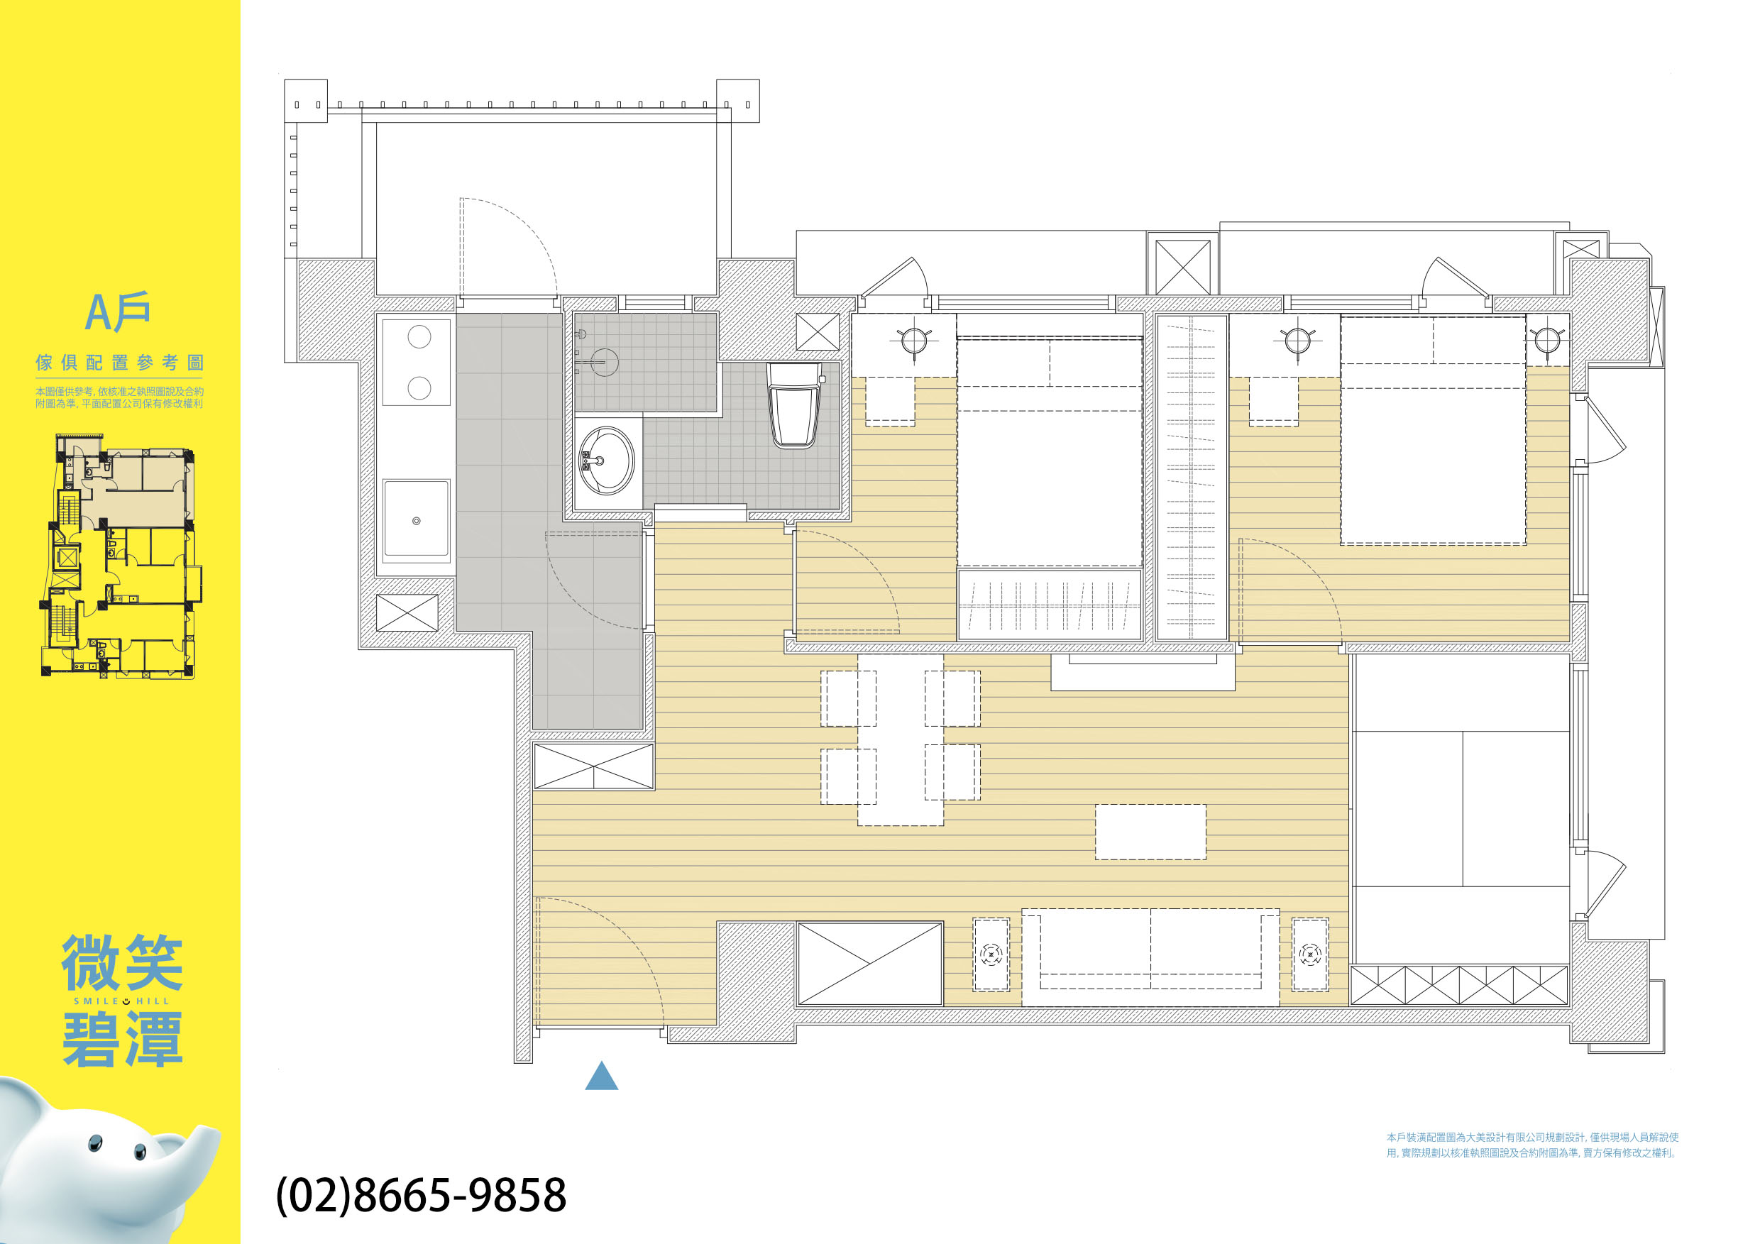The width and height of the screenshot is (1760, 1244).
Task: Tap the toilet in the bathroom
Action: coord(795,404)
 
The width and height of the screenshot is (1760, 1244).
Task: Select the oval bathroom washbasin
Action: coord(605,461)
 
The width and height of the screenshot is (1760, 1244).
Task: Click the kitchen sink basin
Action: coord(417,518)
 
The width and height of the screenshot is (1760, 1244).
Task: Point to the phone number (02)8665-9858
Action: coord(421,1195)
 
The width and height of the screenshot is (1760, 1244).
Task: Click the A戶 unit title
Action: coord(117,312)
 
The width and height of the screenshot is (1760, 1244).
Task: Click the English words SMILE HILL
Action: coord(121,1001)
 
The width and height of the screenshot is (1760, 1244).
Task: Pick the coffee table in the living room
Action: coord(1150,832)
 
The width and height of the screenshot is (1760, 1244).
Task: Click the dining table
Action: coord(900,739)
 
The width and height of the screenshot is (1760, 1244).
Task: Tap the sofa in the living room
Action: coord(1150,957)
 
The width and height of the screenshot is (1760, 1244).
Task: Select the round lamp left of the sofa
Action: coord(991,954)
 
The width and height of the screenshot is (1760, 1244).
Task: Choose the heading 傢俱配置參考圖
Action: coord(120,363)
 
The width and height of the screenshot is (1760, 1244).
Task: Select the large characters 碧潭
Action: coord(123,1040)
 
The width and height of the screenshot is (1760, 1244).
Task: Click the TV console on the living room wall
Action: coord(1142,672)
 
